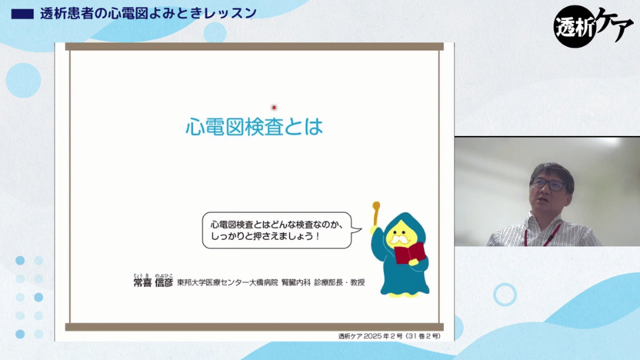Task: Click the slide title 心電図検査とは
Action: [x=254, y=127]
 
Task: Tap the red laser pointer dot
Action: [x=274, y=107]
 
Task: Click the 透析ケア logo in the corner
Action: [x=593, y=27]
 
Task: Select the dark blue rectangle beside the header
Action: [x=23, y=14]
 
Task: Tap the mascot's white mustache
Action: [x=399, y=239]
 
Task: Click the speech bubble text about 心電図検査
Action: [x=277, y=230]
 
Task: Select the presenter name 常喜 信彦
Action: [x=153, y=282]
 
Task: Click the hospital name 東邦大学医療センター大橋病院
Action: [x=227, y=283]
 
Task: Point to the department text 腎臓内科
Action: [x=296, y=283]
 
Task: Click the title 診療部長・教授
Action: [x=339, y=283]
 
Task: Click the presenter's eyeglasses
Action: [x=549, y=185]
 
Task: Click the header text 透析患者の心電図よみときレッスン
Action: [x=148, y=13]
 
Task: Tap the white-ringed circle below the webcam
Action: [x=505, y=294]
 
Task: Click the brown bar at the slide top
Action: [x=254, y=47]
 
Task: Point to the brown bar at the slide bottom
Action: [x=254, y=327]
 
